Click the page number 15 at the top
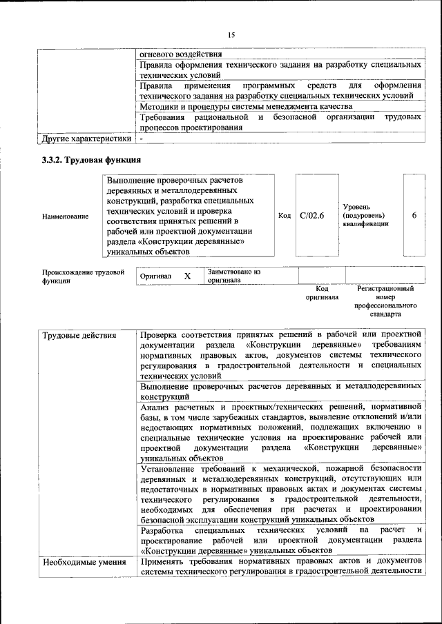pyautogui.click(x=231, y=35)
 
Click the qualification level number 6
pyautogui.click(x=414, y=216)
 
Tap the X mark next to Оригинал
pyautogui.click(x=186, y=276)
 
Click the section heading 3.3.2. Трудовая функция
pyautogui.click(x=76, y=160)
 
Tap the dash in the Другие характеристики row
pyautogui.click(x=142, y=139)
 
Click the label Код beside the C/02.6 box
pyautogui.click(x=284, y=216)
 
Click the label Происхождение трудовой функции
pyautogui.click(x=83, y=276)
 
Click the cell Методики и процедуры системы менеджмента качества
pyautogui.click(x=246, y=107)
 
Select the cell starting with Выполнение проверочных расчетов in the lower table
pyautogui.click(x=280, y=392)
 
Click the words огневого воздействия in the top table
pyautogui.click(x=181, y=54)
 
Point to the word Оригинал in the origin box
pyautogui.click(x=155, y=276)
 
